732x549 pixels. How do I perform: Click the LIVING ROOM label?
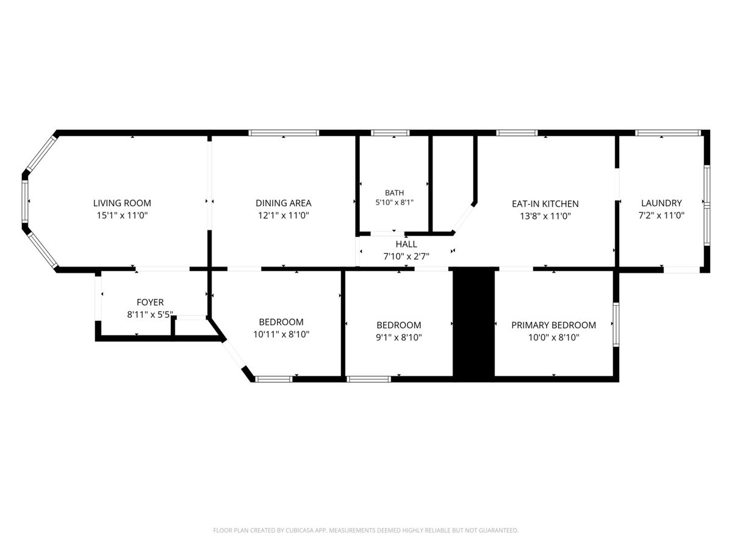122,203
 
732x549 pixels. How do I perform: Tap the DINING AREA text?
284,203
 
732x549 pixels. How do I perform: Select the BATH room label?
394,193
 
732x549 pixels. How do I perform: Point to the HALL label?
406,244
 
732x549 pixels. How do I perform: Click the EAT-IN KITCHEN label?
545,204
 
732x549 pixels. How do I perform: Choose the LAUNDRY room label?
661,203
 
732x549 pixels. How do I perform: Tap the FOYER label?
150,303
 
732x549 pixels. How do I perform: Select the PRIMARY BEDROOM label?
554,325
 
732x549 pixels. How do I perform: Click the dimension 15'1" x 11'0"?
122,215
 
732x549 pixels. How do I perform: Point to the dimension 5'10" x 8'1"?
394,203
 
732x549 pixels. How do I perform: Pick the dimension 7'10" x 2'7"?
406,256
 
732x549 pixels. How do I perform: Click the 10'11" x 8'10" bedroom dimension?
281,334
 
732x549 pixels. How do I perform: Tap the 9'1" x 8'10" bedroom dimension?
399,337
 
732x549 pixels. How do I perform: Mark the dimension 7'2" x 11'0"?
661,215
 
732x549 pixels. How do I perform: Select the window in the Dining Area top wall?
284,132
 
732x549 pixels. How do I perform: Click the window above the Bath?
390,132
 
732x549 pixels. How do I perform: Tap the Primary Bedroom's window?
616,325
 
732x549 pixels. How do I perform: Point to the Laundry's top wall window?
667,132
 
